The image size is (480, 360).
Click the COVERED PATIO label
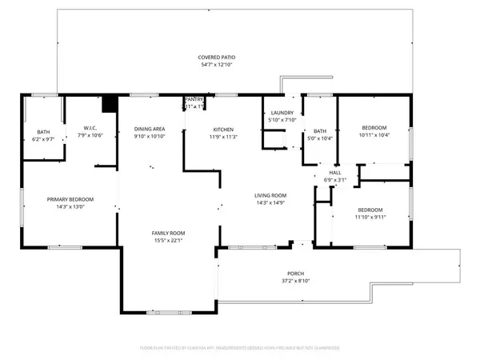pyautogui.click(x=218, y=58)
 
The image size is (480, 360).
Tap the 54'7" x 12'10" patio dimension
pyautogui.click(x=218, y=66)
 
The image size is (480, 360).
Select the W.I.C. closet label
pyautogui.click(x=90, y=128)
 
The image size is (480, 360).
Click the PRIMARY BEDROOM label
pyautogui.click(x=70, y=199)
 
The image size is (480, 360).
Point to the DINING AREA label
pyautogui.click(x=150, y=129)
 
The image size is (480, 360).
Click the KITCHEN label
pyautogui.click(x=222, y=129)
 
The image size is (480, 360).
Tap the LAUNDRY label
pyautogui.click(x=282, y=114)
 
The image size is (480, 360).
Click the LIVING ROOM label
pyautogui.click(x=270, y=195)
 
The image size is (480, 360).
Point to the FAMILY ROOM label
pyautogui.click(x=169, y=233)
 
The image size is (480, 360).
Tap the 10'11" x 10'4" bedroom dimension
pyautogui.click(x=374, y=135)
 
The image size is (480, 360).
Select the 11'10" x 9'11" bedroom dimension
pyautogui.click(x=371, y=216)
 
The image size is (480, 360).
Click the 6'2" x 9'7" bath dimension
pyautogui.click(x=43, y=138)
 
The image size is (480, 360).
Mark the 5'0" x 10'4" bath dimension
pyautogui.click(x=320, y=138)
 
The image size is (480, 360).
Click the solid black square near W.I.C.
pyautogui.click(x=110, y=104)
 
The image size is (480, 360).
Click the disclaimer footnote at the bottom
pyautogui.click(x=239, y=349)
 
